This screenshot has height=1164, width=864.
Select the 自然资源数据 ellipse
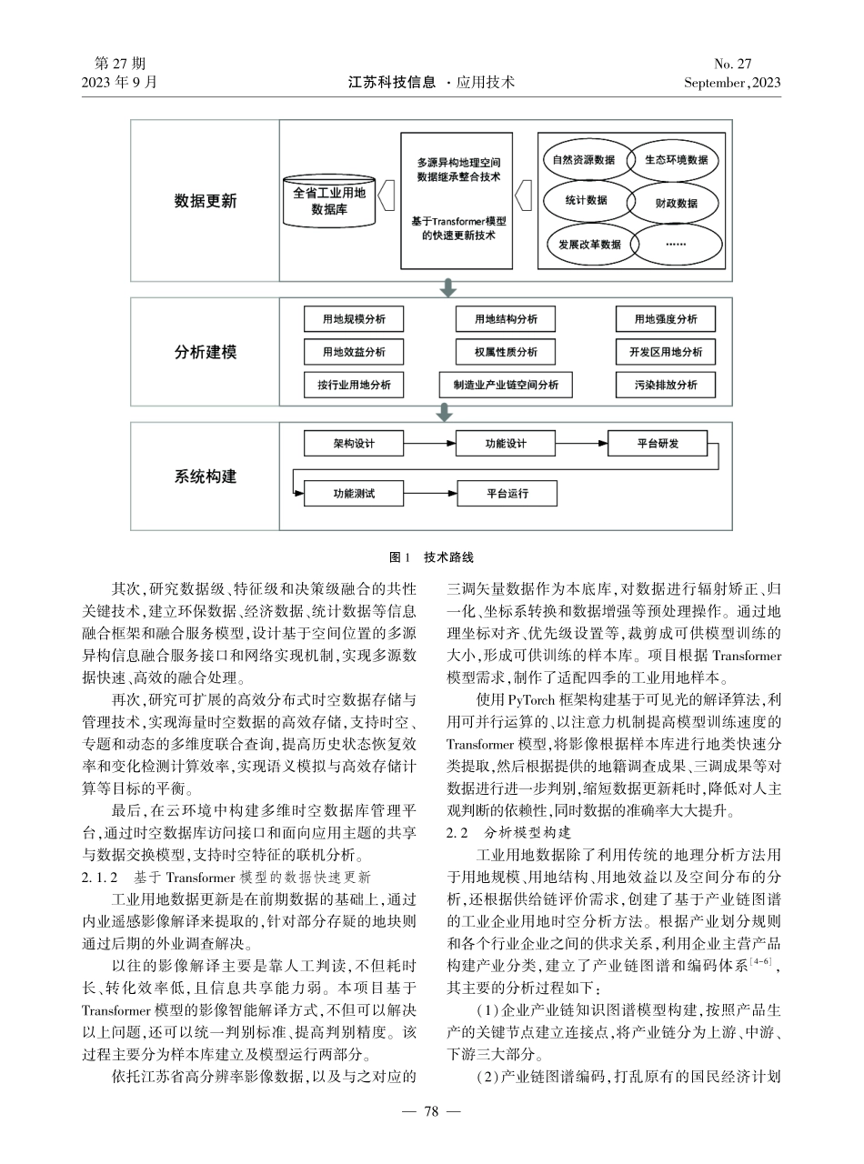584,160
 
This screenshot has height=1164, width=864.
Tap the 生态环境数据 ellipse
675,160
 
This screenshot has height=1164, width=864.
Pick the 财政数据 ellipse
675,202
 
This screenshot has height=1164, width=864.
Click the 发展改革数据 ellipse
584,244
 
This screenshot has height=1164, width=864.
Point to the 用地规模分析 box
354,319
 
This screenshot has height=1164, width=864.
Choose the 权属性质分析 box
506,352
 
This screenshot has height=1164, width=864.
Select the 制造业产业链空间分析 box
506,385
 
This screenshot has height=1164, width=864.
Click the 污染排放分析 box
666,385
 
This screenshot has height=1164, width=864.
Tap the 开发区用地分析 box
666,352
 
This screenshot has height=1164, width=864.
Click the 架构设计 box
354,444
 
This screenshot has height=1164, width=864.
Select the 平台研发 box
658,444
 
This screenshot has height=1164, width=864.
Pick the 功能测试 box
354,494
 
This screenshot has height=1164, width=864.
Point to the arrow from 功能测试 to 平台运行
429,494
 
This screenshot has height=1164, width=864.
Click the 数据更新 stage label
206,201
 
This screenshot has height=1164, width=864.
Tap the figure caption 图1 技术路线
431,557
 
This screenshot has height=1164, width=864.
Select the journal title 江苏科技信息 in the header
392,82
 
